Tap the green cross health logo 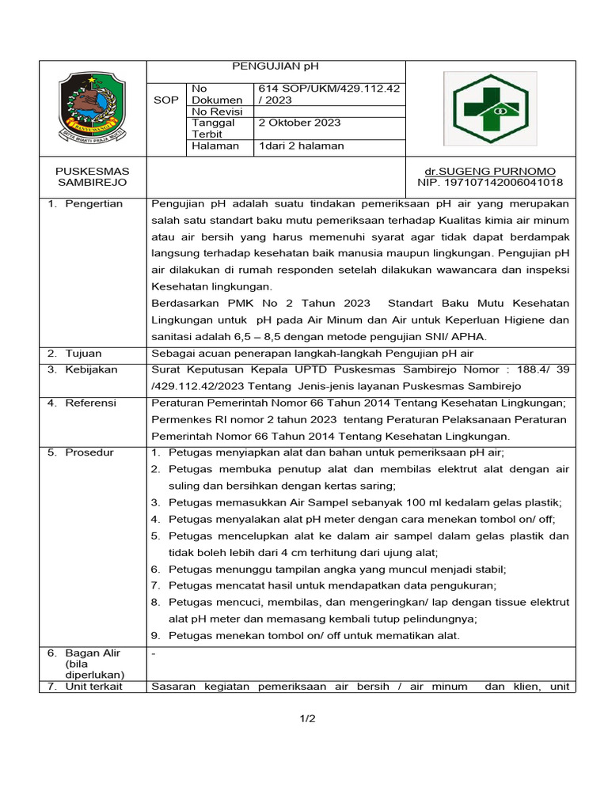click(489, 109)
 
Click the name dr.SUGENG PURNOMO click(490, 171)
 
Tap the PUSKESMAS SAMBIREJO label click(92, 176)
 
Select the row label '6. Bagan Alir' click(88, 653)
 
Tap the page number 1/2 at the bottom click(307, 718)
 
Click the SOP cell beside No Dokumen click(166, 100)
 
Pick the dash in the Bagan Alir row click(154, 653)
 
